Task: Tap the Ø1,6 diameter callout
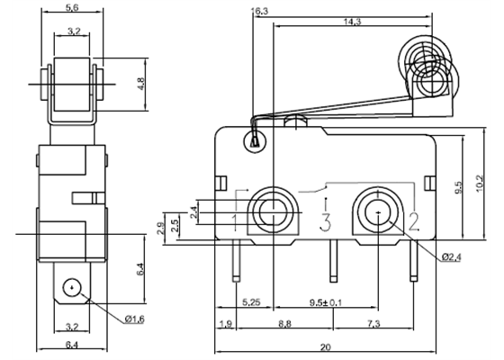(109, 319)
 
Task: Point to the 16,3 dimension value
(260, 12)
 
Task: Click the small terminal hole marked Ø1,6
(67, 288)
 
